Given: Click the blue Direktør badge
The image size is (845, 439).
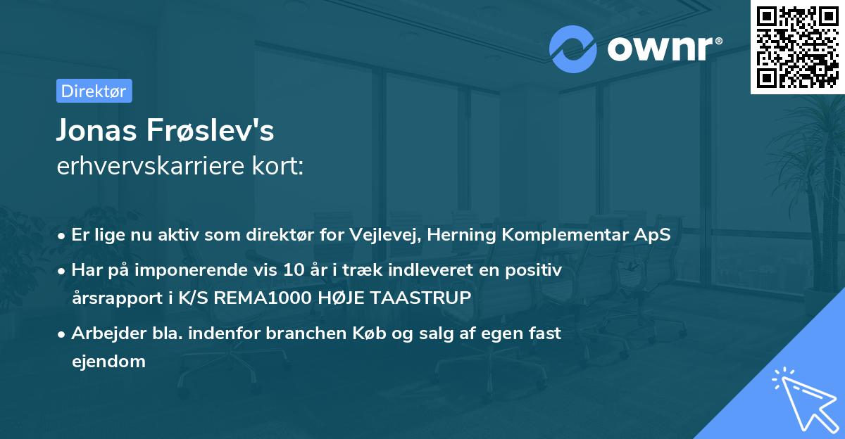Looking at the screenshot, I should [94, 91].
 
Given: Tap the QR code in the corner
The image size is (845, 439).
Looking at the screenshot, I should [798, 46].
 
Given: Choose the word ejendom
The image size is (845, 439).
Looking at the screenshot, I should [108, 362].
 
